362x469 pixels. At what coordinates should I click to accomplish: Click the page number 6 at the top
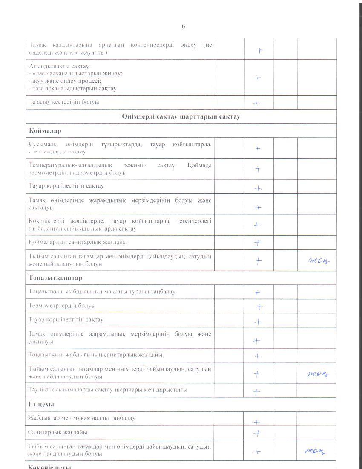click(x=184, y=26)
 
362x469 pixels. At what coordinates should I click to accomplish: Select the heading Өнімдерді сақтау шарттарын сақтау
click(x=181, y=116)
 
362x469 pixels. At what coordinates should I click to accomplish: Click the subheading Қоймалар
click(x=43, y=130)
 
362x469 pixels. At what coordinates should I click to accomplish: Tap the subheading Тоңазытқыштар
click(x=50, y=278)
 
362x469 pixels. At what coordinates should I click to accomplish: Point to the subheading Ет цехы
click(x=41, y=404)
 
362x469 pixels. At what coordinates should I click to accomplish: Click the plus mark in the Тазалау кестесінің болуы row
click(x=256, y=103)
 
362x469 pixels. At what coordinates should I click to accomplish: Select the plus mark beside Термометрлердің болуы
click(x=259, y=307)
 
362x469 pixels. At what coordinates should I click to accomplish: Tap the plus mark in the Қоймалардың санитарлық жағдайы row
click(x=258, y=243)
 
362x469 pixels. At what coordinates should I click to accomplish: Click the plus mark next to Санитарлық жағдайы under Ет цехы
click(x=257, y=433)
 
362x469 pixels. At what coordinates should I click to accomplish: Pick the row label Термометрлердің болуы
click(x=62, y=306)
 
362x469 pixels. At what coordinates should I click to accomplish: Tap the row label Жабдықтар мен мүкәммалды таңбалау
click(x=82, y=418)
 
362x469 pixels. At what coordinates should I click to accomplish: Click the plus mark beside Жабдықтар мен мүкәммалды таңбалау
click(x=257, y=422)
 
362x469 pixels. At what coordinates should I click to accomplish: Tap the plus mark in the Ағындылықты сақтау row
click(x=257, y=78)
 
